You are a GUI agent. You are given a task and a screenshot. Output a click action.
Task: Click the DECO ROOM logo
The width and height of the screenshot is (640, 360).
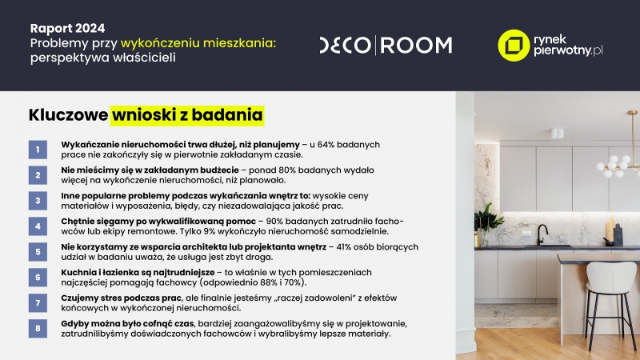point(386,46)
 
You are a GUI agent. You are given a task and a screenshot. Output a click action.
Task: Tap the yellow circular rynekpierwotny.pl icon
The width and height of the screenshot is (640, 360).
point(514,46)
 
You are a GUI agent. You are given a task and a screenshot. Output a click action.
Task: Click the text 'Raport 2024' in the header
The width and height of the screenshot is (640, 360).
point(67,28)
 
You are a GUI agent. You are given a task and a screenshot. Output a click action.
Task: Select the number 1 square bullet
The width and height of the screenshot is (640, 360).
point(38,150)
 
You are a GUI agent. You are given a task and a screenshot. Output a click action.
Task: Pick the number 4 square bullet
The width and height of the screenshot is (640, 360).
point(38,226)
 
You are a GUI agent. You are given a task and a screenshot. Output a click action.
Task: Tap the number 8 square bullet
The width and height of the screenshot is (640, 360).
point(38,329)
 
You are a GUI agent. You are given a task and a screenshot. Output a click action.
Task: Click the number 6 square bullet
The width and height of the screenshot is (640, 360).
point(38,277)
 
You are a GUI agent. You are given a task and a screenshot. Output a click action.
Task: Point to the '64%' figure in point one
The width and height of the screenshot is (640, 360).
point(326,145)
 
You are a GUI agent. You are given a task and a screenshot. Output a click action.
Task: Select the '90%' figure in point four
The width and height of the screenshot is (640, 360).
point(274,222)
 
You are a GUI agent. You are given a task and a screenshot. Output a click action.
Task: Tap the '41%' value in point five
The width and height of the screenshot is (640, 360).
point(345,247)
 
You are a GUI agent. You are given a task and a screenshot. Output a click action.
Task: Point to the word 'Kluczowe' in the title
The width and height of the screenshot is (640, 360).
point(68,114)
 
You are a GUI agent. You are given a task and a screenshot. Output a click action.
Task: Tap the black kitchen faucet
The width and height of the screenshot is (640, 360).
point(542,235)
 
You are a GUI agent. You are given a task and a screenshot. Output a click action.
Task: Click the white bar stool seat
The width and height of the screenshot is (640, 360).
point(608,278)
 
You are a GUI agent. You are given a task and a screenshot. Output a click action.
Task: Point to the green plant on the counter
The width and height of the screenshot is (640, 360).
point(488,218)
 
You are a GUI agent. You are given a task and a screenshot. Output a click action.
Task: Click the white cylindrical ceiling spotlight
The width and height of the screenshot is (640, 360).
point(557,133)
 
